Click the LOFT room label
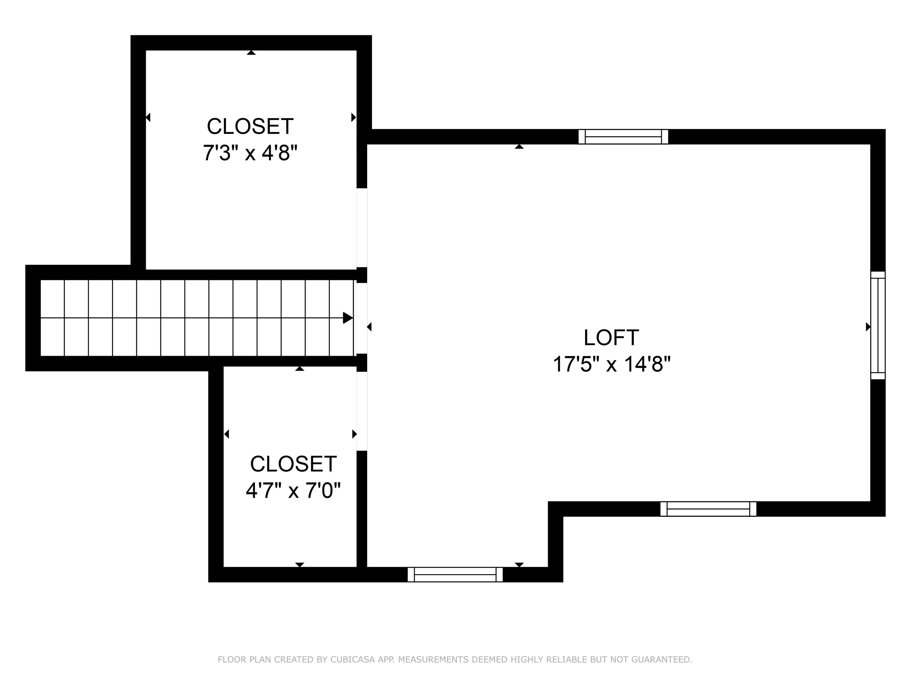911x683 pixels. [611, 338]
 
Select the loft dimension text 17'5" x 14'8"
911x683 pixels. [611, 364]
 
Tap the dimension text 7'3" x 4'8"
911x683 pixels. [250, 153]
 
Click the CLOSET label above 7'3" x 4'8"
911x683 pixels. [250, 126]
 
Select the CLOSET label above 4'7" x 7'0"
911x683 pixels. [293, 464]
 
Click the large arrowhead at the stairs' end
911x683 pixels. [348, 318]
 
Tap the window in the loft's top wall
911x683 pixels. [623, 137]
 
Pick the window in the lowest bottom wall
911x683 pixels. [455, 574]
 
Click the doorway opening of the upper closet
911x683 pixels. [362, 228]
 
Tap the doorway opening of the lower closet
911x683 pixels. [362, 411]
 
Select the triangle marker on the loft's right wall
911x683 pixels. [868, 327]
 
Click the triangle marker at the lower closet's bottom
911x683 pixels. [299, 564]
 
